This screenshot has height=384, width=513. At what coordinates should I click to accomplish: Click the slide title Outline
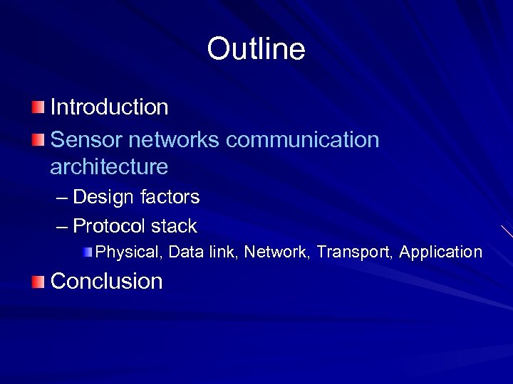click(256, 49)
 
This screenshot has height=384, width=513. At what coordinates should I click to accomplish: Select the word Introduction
click(109, 107)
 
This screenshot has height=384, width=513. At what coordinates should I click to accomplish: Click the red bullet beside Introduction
click(37, 107)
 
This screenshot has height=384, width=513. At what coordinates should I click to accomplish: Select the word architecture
click(109, 167)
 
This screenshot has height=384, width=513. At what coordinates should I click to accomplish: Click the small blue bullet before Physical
click(87, 251)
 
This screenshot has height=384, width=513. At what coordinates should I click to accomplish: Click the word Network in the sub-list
click(274, 252)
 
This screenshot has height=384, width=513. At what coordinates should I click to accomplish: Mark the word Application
click(440, 252)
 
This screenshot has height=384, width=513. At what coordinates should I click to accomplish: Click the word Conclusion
click(107, 281)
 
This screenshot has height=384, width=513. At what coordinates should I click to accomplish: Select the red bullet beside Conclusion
click(37, 282)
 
